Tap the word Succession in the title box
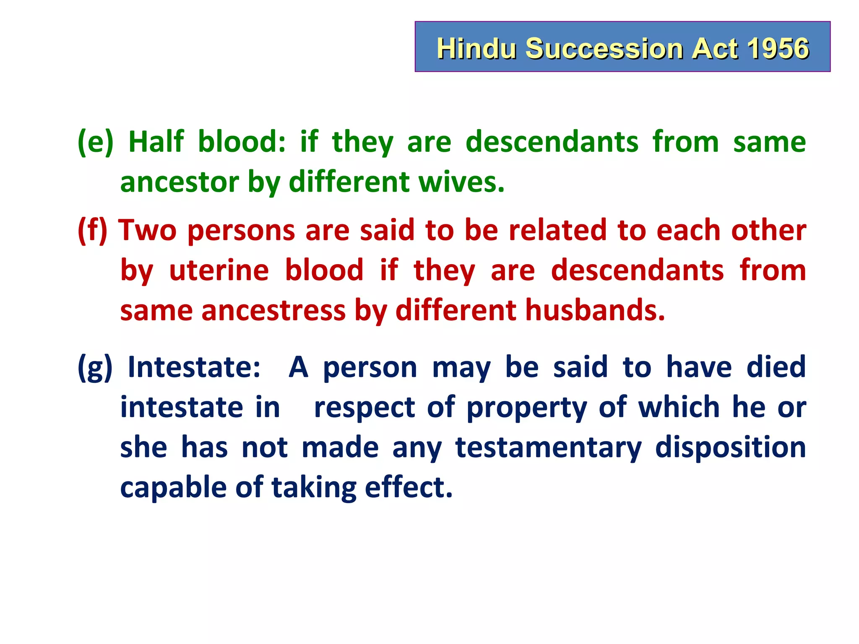click(x=604, y=48)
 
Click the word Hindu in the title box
click(x=476, y=48)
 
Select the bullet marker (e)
click(x=96, y=142)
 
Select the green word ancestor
click(x=180, y=183)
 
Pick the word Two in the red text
click(x=147, y=231)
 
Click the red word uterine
click(x=219, y=270)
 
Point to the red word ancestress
click(x=273, y=311)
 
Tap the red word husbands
click(x=595, y=311)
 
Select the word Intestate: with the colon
click(x=194, y=367)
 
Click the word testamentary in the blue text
click(x=548, y=447)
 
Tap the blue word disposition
click(x=730, y=447)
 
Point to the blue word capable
click(x=173, y=488)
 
